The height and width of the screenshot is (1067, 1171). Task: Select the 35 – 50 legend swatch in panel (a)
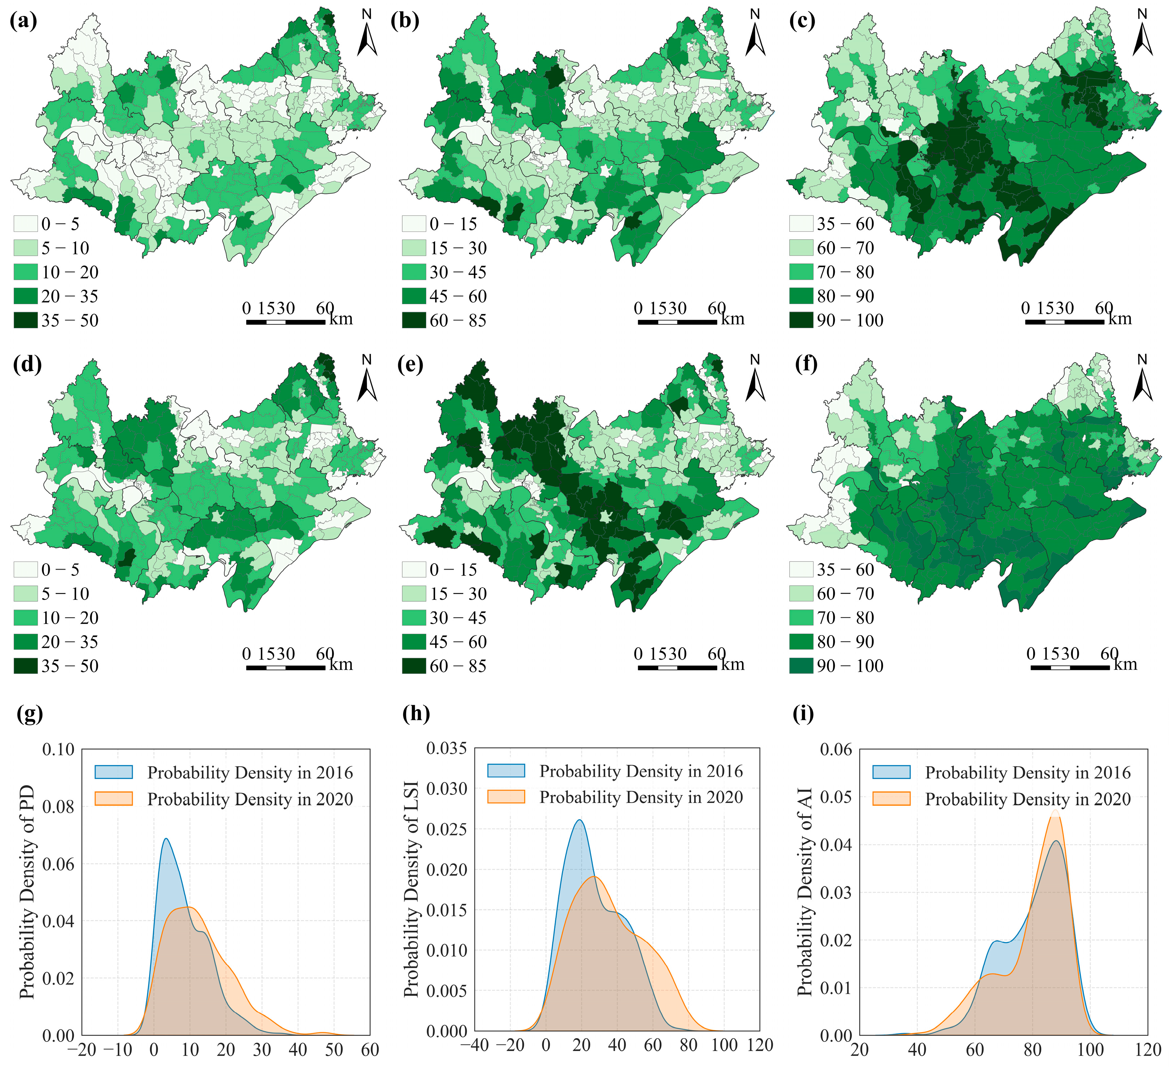pyautogui.click(x=25, y=320)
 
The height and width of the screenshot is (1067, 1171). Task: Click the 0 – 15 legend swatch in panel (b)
pyautogui.click(x=414, y=224)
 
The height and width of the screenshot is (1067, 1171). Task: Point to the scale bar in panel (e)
pyautogui.click(x=677, y=668)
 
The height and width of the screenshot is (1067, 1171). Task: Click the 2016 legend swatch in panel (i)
pyautogui.click(x=891, y=772)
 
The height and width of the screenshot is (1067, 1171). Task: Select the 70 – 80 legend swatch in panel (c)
pyautogui.click(x=801, y=272)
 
